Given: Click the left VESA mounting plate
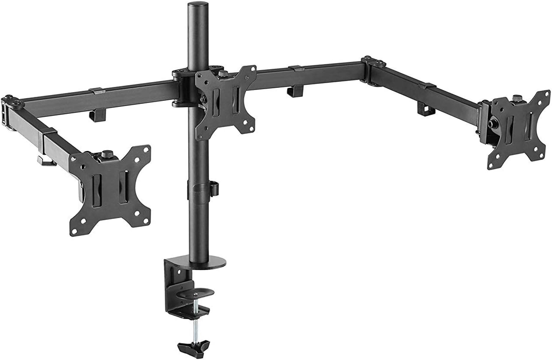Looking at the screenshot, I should tap(110, 190).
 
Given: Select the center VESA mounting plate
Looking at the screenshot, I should tap(226, 103).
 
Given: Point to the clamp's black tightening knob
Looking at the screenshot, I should tap(194, 346).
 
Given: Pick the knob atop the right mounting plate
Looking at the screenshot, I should tap(516, 98).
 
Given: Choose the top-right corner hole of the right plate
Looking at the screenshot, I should tap(542, 97).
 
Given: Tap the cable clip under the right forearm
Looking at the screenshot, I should tap(426, 109).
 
